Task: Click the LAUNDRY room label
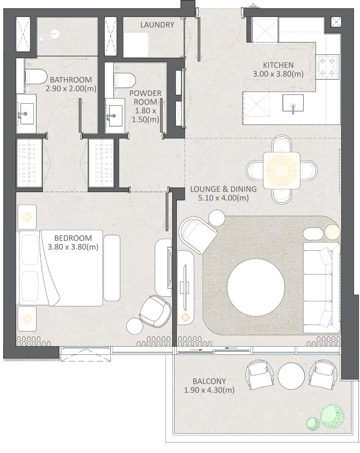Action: [x=157, y=25]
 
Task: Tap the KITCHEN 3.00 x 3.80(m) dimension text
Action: [x=278, y=74]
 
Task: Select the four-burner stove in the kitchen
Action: [x=328, y=66]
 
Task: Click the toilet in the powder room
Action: [x=124, y=80]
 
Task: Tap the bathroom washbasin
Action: [x=26, y=114]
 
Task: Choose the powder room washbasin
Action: [x=115, y=115]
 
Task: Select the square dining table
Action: [x=282, y=170]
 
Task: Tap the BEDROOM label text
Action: [x=73, y=238]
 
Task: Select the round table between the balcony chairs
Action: [x=291, y=375]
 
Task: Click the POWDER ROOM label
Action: [x=145, y=98]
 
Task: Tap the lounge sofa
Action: [x=321, y=288]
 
